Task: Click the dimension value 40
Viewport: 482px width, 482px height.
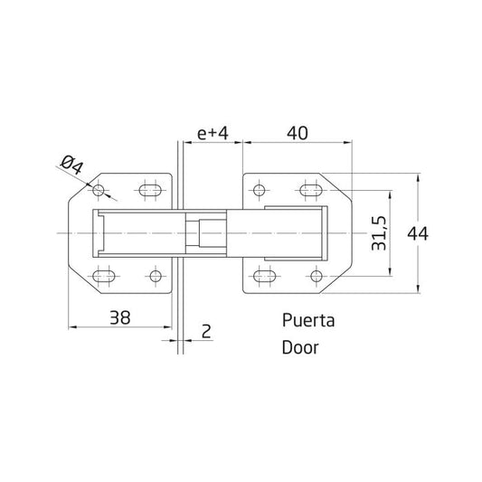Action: coord(297,134)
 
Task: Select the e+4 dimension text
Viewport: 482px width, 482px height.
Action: coord(213,134)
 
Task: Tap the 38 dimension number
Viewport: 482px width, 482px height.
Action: coord(120,317)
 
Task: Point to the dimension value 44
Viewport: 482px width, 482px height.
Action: coord(418,233)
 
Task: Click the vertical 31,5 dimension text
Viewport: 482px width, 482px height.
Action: coord(378,233)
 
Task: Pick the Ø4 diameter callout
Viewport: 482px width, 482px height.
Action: coord(72,165)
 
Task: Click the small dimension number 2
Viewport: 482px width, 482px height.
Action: coord(206,331)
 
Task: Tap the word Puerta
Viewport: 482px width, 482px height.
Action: coord(308,320)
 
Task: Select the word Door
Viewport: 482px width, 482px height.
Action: coord(300,347)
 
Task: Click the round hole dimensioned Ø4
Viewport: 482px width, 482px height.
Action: coord(99,191)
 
